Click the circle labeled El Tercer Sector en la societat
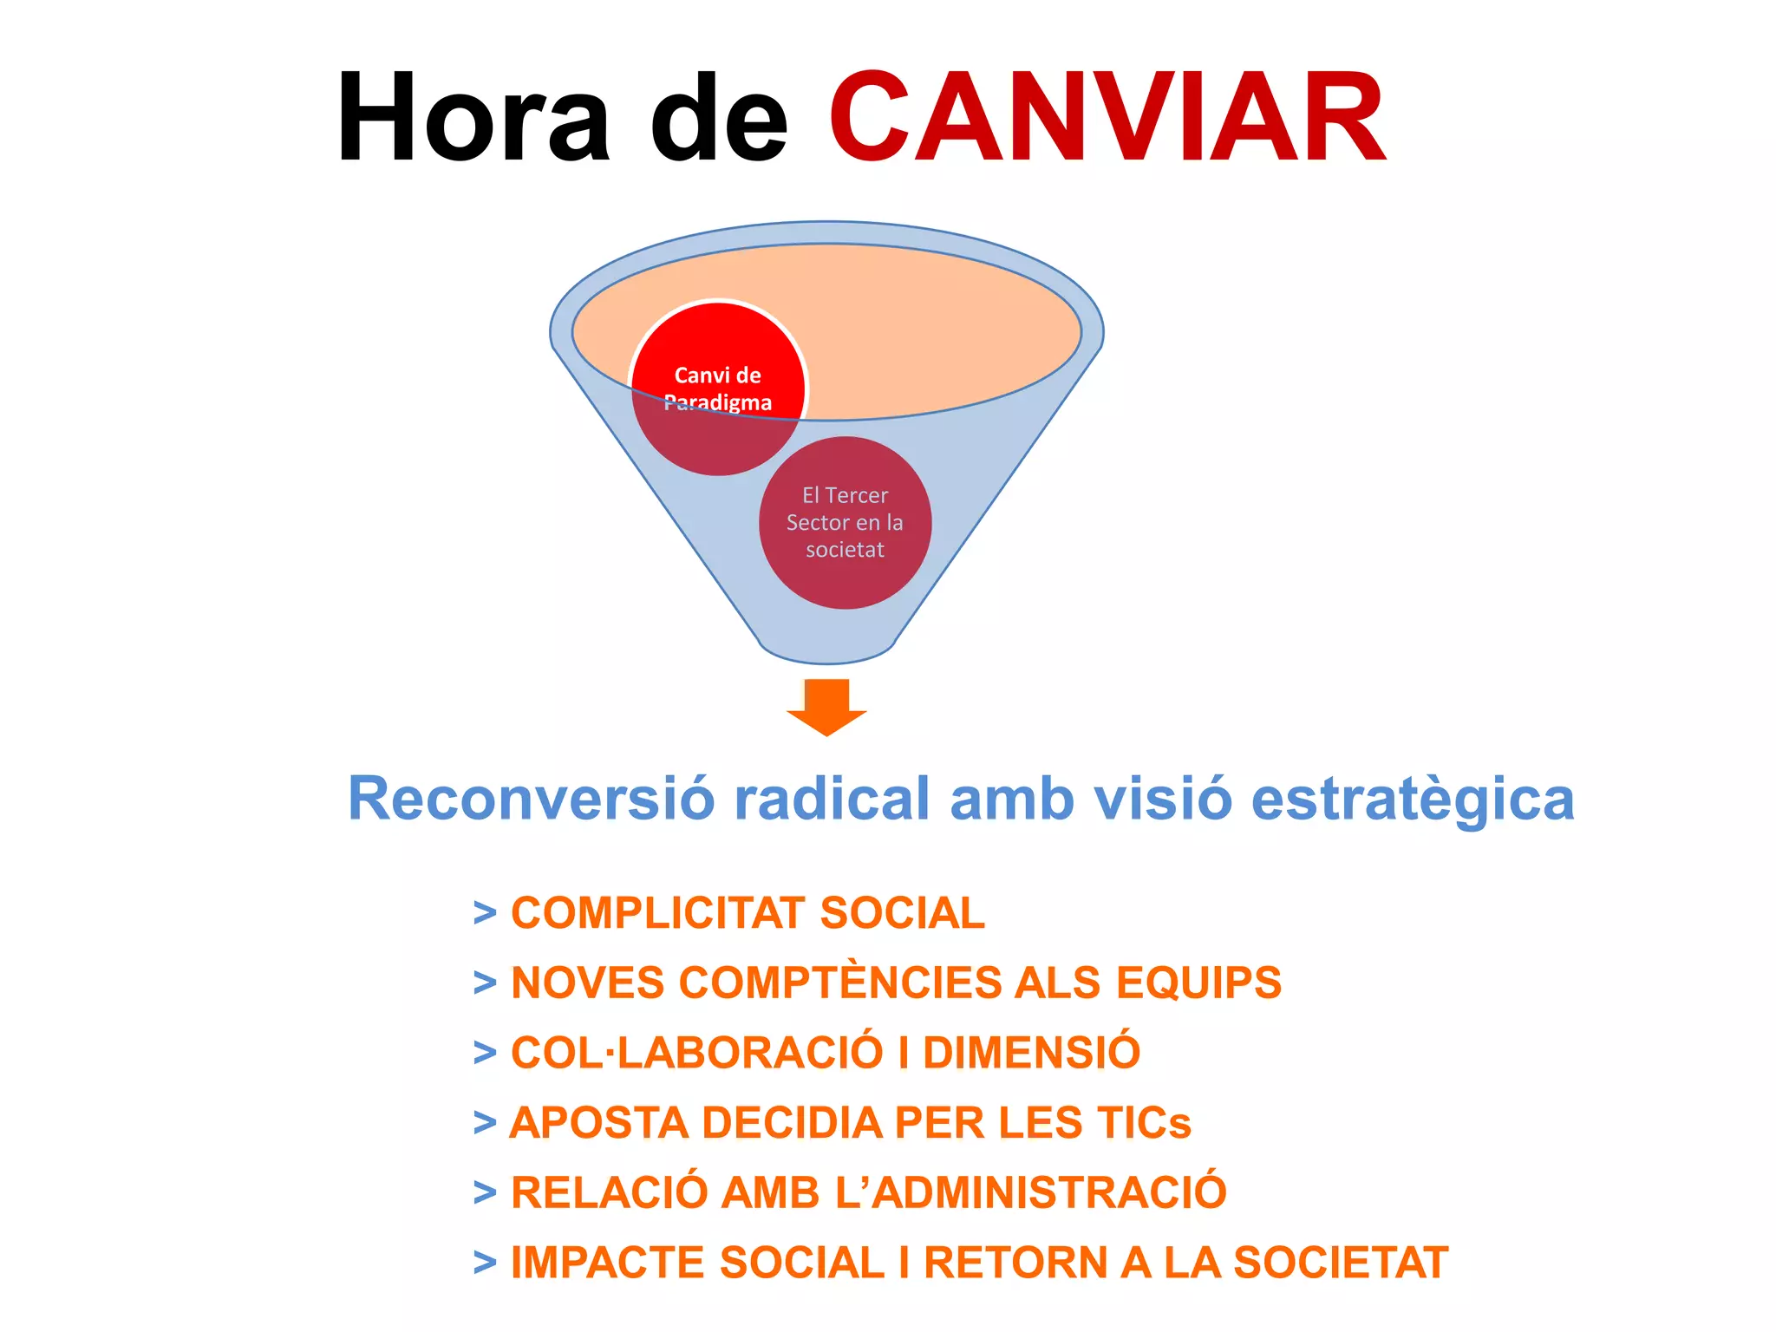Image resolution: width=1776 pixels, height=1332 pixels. tap(845, 523)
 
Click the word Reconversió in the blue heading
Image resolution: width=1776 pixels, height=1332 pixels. tap(531, 799)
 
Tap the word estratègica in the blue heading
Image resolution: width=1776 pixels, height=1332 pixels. tap(1413, 800)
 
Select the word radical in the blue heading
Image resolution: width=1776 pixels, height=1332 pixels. tap(832, 799)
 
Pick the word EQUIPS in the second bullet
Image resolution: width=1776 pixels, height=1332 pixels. tap(1198, 983)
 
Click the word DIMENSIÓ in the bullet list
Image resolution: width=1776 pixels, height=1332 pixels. tap(1031, 1053)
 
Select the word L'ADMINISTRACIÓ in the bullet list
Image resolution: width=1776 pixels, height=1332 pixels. tap(1031, 1192)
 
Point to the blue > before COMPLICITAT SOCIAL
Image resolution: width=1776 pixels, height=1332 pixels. tap(485, 913)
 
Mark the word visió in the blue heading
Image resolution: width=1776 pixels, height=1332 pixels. tap(1162, 799)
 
